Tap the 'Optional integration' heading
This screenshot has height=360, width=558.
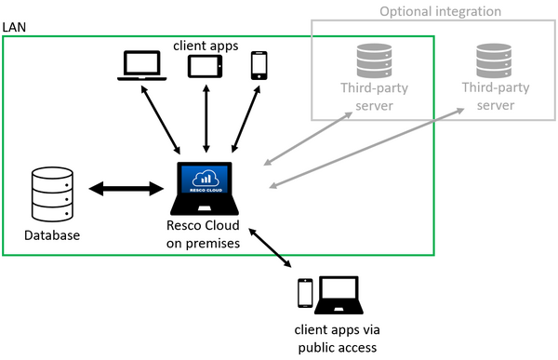[440, 11]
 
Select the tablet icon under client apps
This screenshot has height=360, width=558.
[204, 66]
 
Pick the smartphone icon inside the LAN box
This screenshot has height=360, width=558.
[259, 66]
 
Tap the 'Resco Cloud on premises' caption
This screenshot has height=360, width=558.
[206, 235]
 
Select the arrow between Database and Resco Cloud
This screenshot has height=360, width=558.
[126, 189]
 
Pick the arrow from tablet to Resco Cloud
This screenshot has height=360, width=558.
[206, 118]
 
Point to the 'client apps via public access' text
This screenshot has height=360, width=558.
[336, 339]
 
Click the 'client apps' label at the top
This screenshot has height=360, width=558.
[204, 43]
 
